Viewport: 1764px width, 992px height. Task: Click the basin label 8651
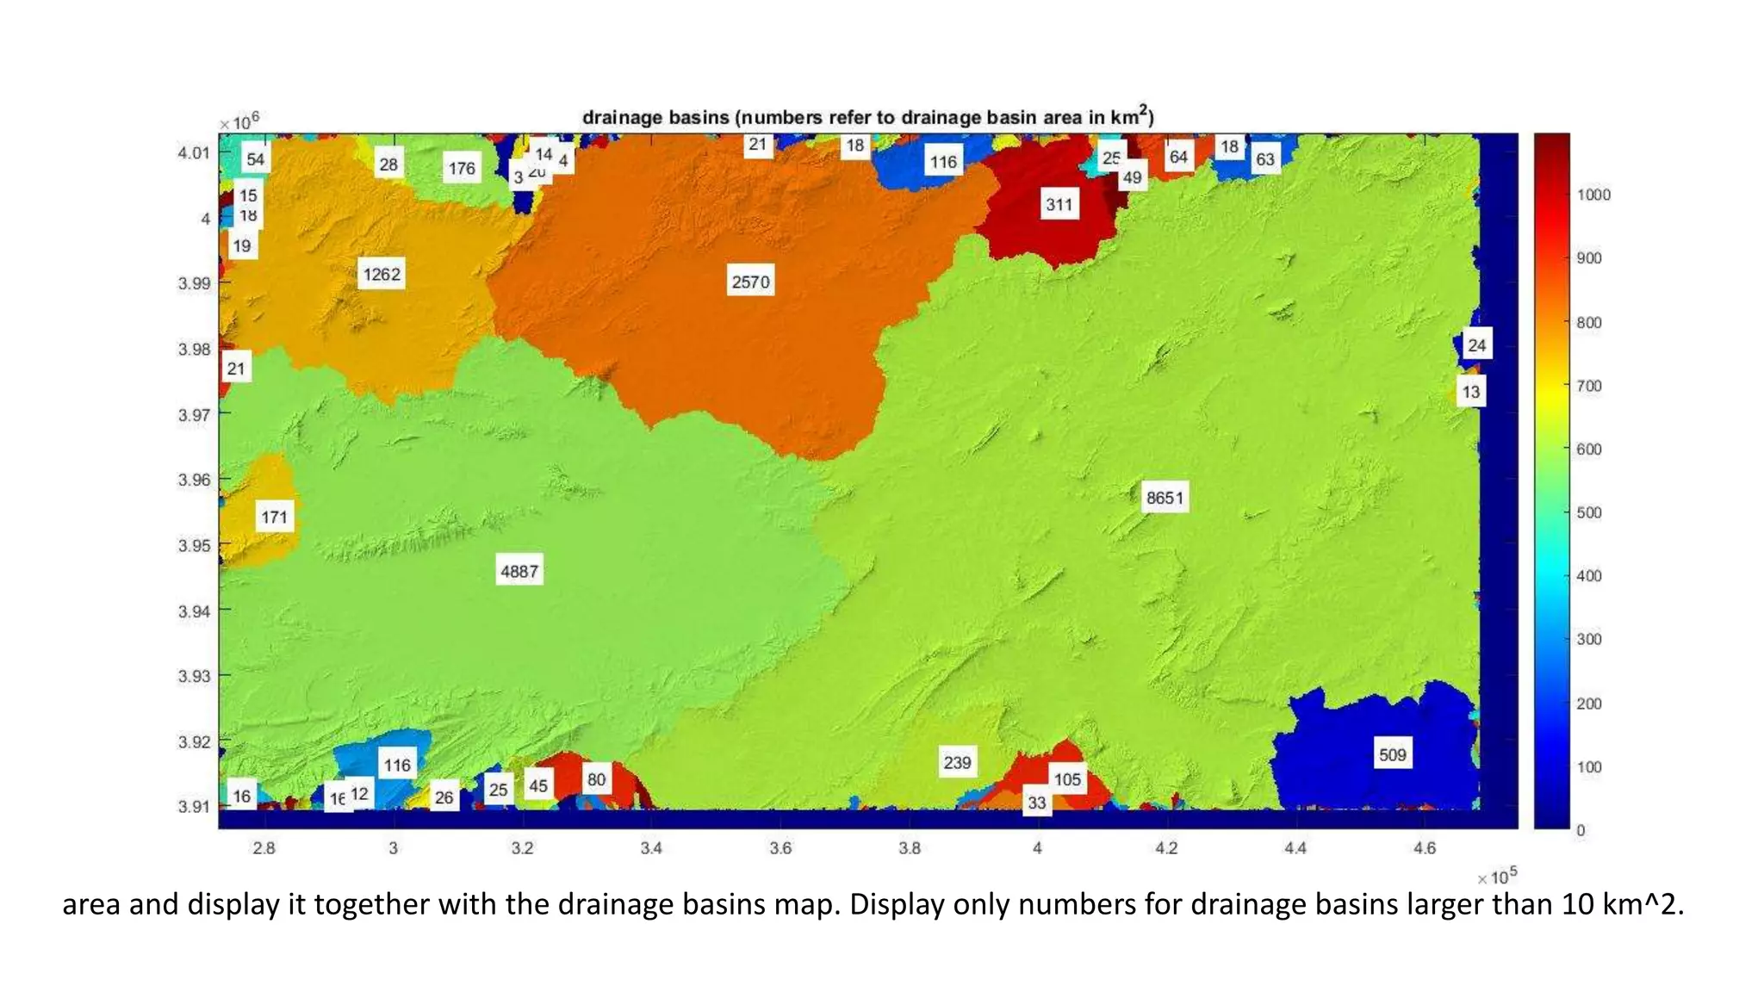[x=1165, y=498]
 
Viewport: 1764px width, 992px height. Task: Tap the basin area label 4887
[x=519, y=571]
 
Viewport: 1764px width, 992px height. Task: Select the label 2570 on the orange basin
[x=750, y=282]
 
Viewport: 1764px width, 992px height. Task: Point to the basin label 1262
[x=382, y=274]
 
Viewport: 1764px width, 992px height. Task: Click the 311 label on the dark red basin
[x=1059, y=205]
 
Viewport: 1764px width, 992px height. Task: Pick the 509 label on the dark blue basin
[x=1392, y=755]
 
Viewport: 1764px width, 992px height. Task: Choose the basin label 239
[x=957, y=762]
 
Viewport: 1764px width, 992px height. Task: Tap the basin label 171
[x=274, y=517]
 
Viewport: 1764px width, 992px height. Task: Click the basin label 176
[x=462, y=168]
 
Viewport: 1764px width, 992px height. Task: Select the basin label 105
[x=1067, y=779]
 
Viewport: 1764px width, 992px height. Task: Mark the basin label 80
[x=596, y=779]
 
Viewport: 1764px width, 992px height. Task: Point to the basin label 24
[x=1476, y=345]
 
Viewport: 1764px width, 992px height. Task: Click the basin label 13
[x=1470, y=392]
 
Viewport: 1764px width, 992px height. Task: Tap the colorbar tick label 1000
[x=1593, y=195]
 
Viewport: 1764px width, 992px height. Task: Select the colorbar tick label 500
[x=1588, y=512]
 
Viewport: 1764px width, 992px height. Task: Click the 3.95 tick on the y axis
[x=194, y=545]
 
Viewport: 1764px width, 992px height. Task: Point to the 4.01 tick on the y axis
[x=194, y=153]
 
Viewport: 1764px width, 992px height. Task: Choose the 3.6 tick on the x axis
[x=780, y=848]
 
